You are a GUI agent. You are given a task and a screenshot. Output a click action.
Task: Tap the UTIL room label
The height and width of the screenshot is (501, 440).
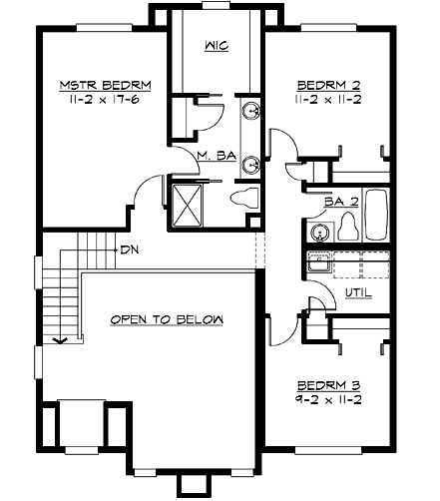357,292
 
